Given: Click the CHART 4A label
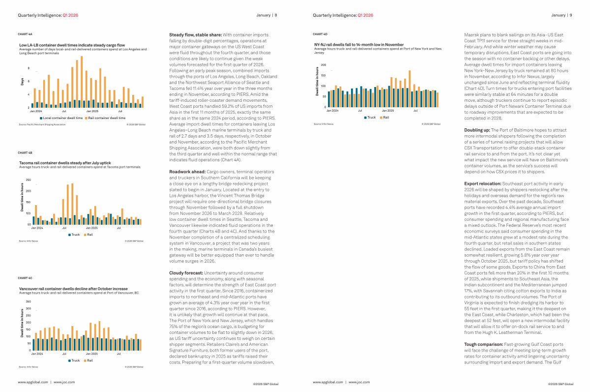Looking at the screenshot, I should pyautogui.click(x=25, y=34).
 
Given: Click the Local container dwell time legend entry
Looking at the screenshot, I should pyautogui.click(x=62, y=118).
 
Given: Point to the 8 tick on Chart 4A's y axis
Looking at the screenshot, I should pyautogui.click(x=28, y=69).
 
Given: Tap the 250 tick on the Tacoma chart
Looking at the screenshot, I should pyautogui.click(x=28, y=180).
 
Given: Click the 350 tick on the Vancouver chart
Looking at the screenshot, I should pyautogui.click(x=28, y=302).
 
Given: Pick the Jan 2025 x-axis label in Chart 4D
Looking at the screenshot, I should pyautogui.click(x=388, y=111).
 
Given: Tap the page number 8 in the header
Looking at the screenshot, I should pyautogui.click(x=276, y=15).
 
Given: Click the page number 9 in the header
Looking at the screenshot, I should pyautogui.click(x=570, y=15).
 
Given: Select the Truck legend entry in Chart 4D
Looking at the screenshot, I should pyautogui.click(x=371, y=118).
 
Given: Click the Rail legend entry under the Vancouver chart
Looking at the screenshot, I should pyautogui.click(x=89, y=361).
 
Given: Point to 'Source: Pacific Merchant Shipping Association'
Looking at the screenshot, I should pyautogui.click(x=42, y=124).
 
